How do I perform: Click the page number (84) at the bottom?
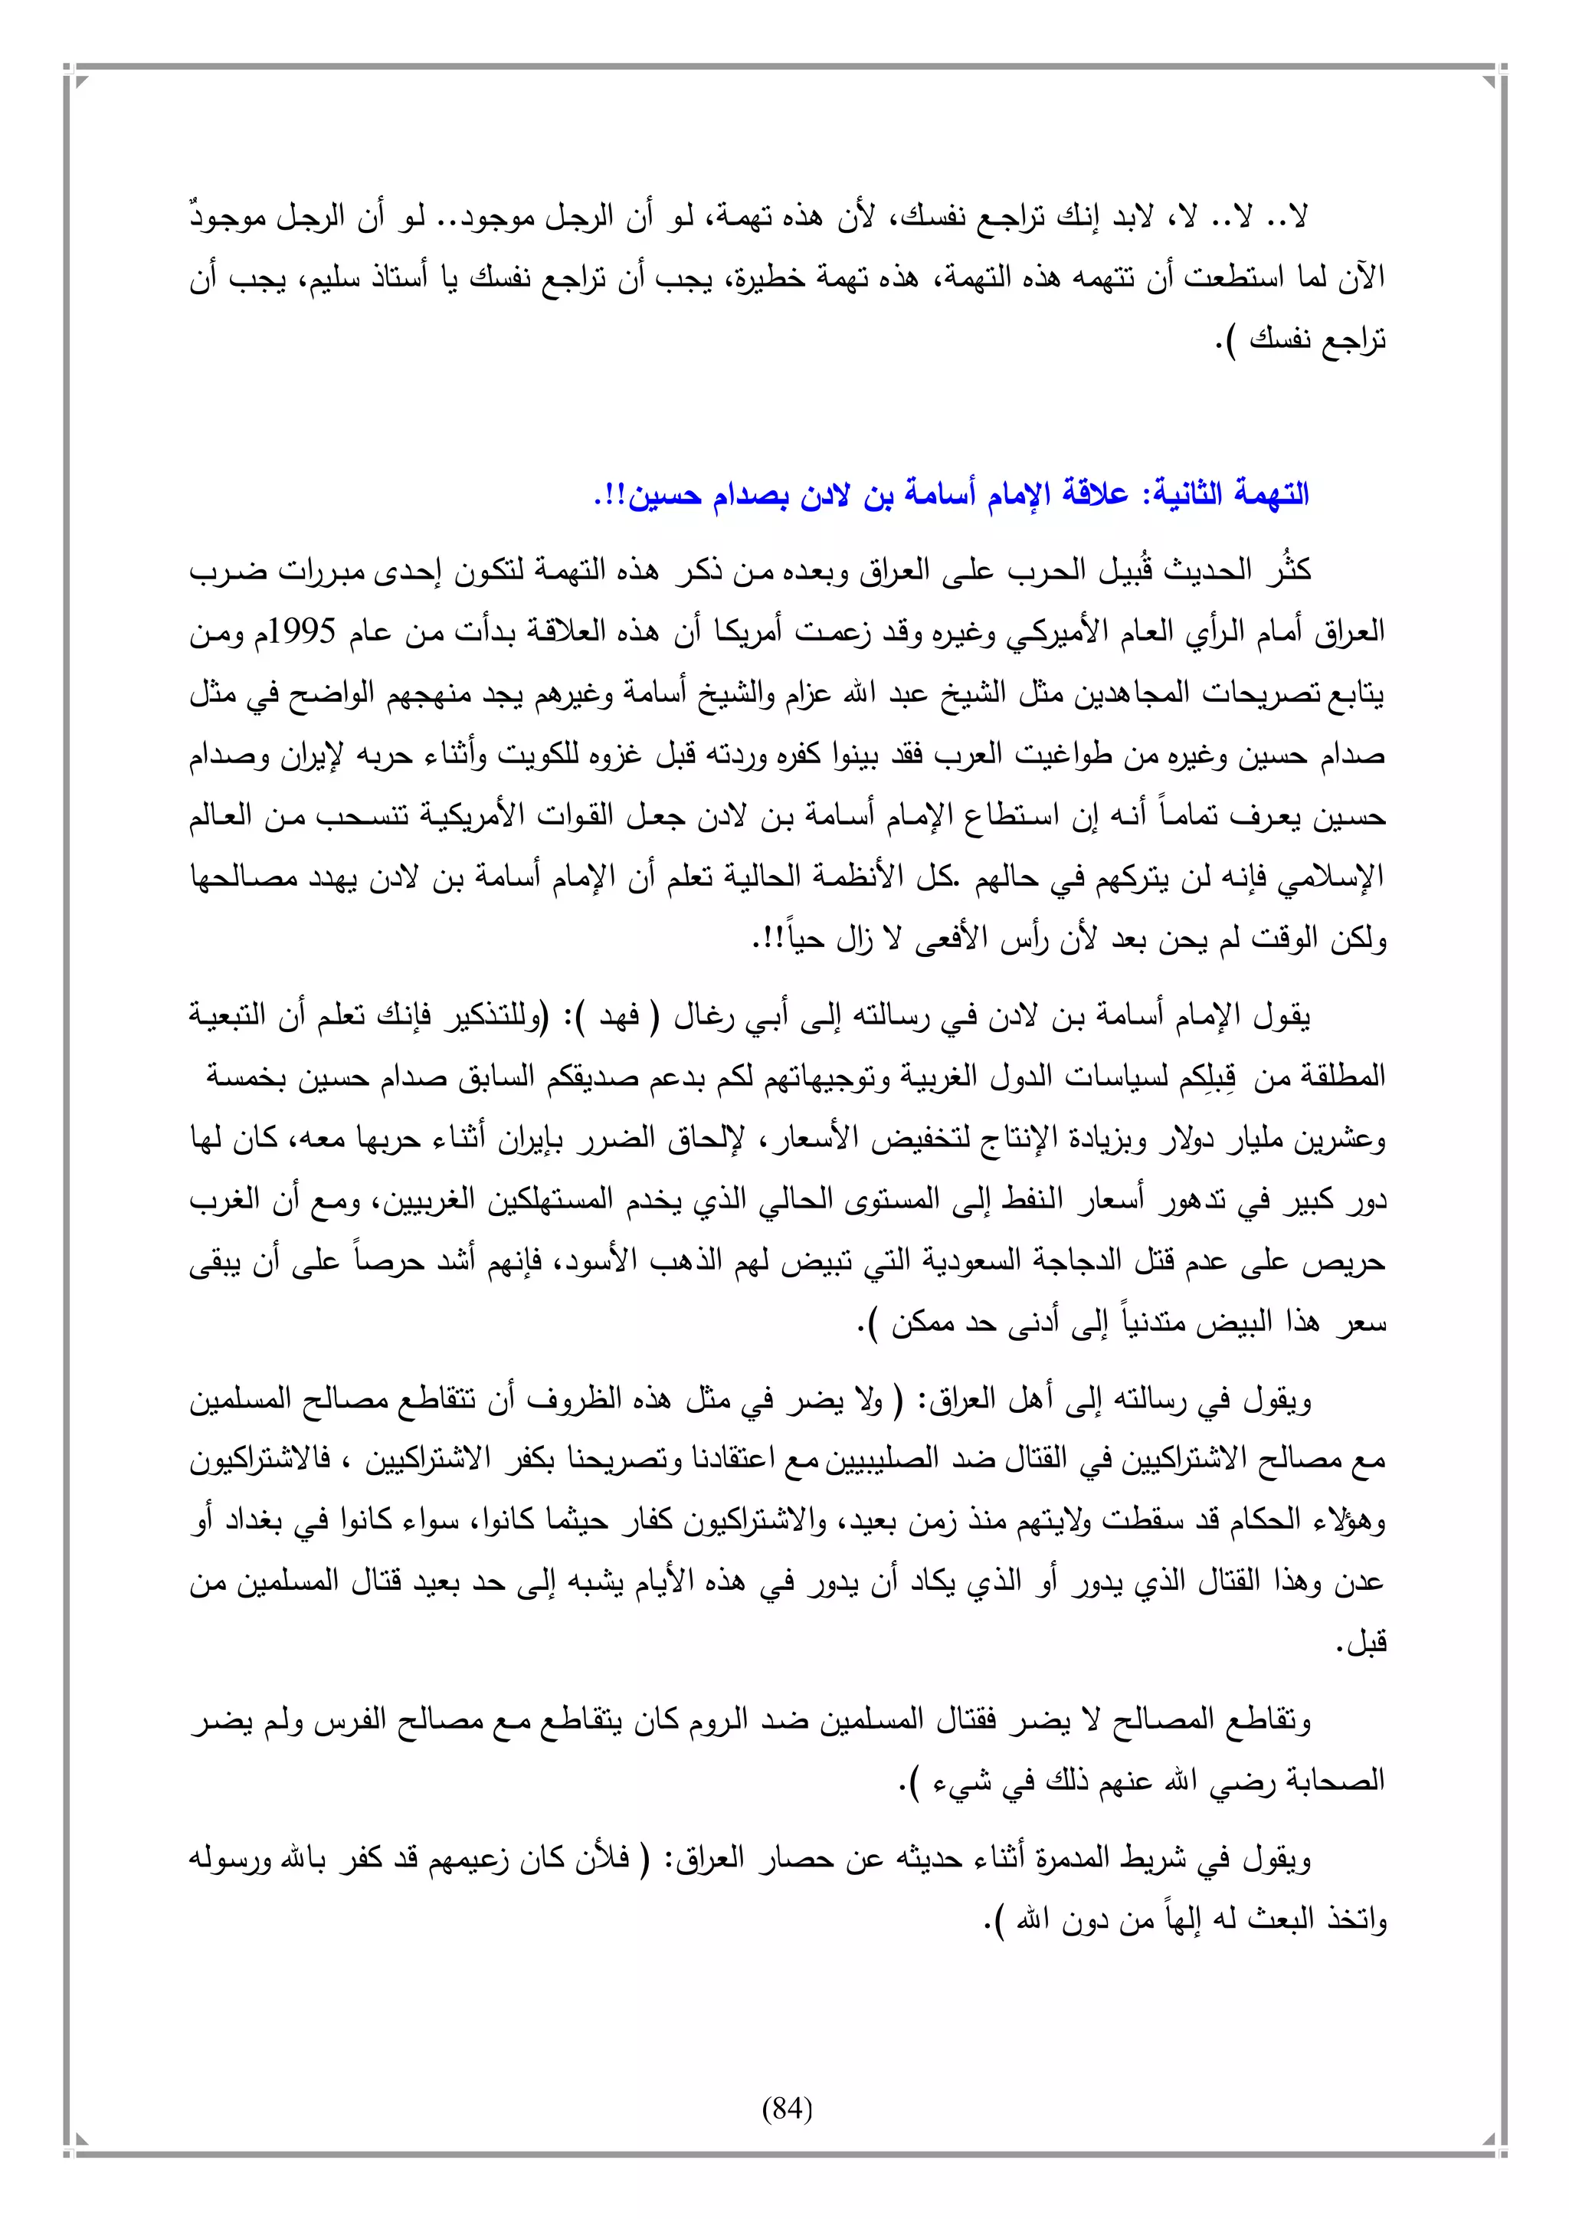(x=788, y=2108)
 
